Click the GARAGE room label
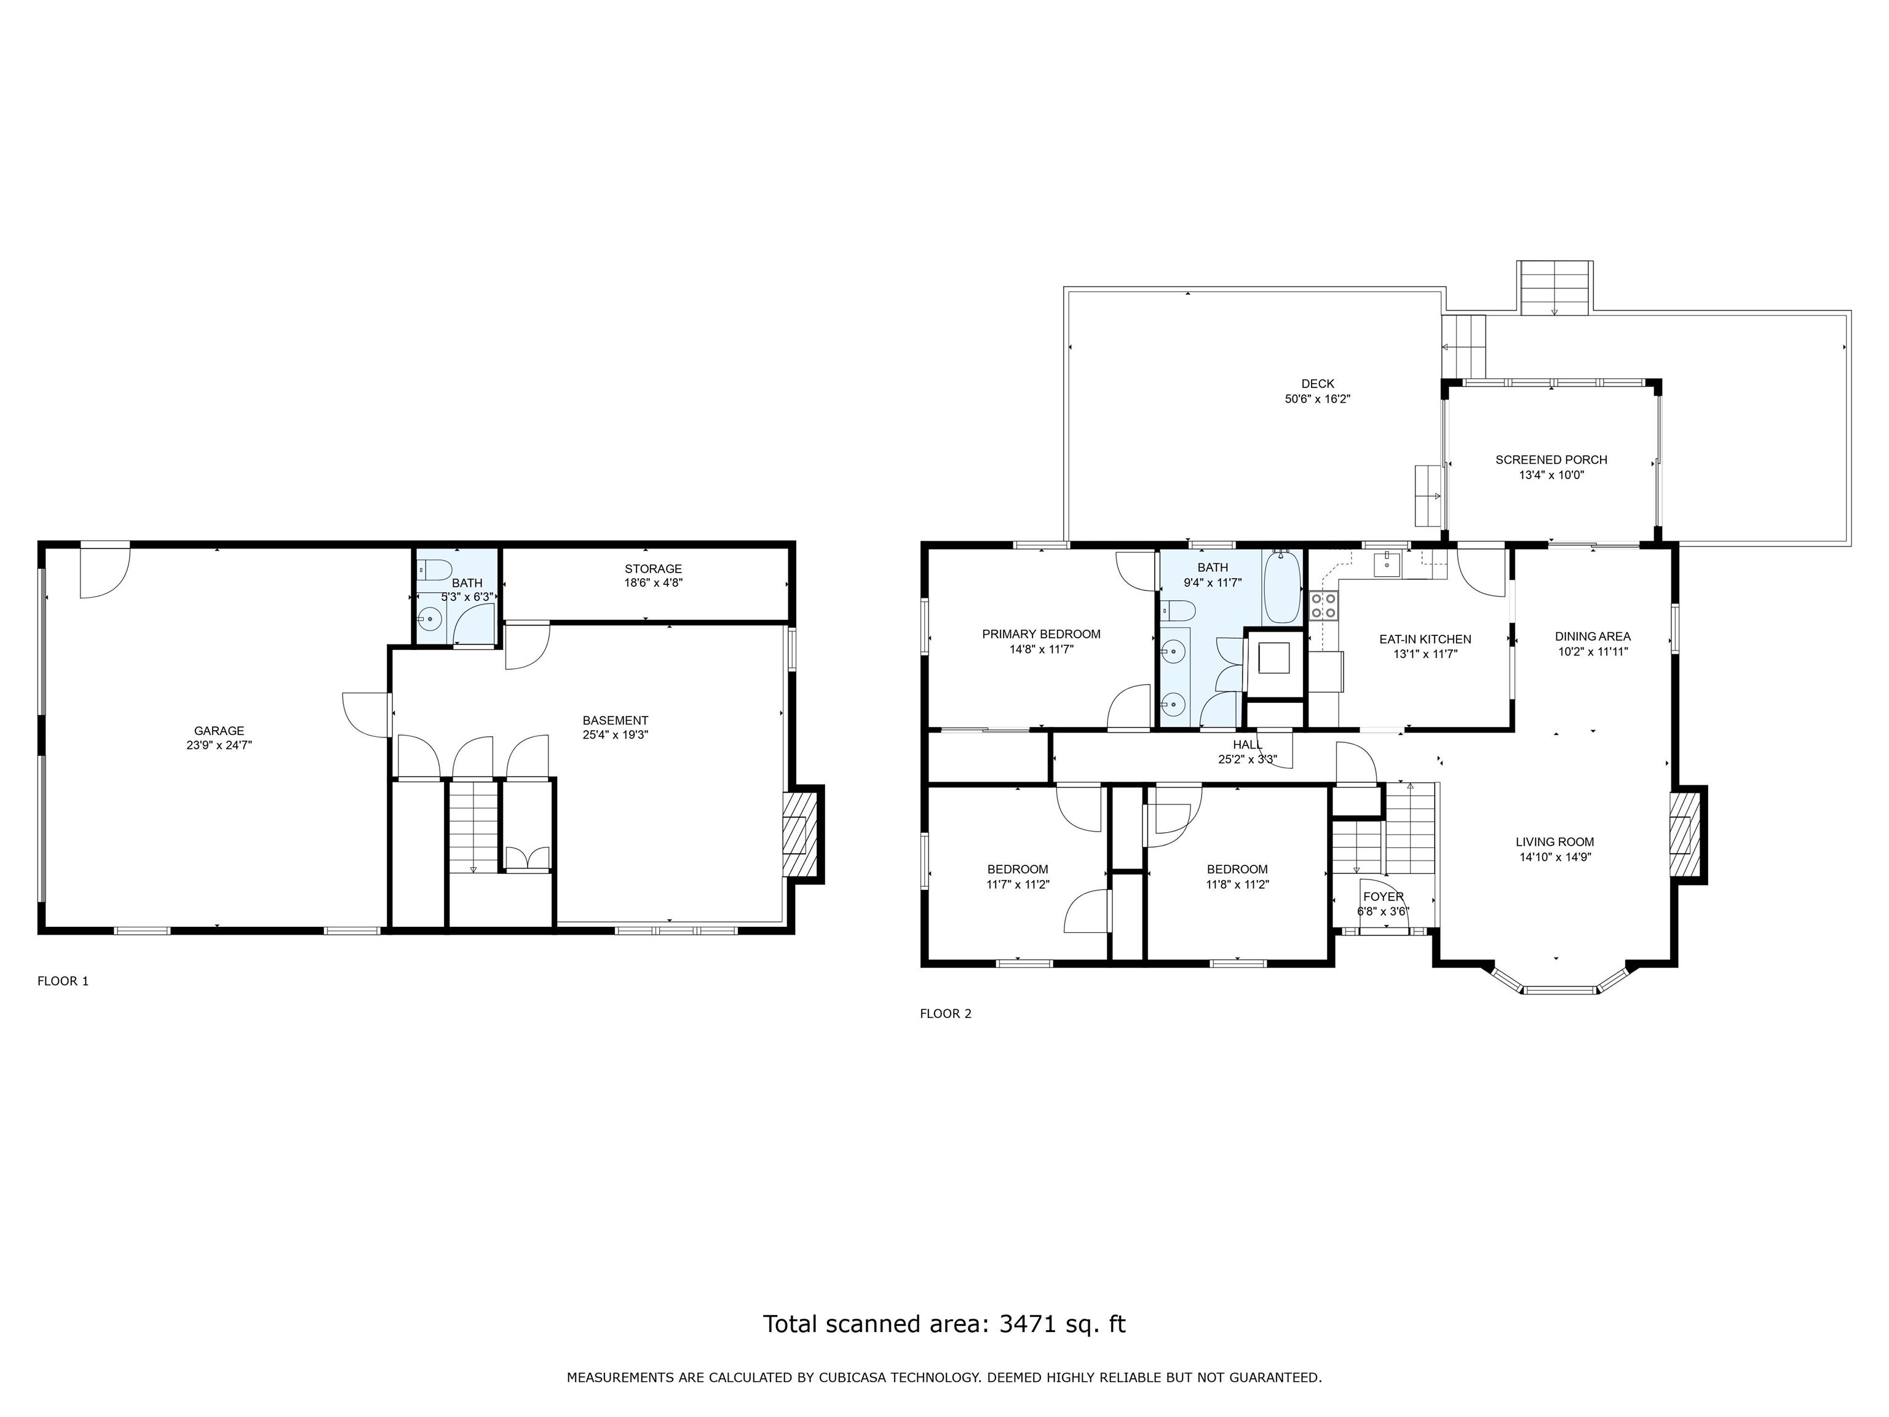point(219,730)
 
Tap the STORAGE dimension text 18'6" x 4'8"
point(653,582)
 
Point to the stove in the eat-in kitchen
point(1324,606)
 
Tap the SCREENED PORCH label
point(1551,459)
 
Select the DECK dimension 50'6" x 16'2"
point(1318,398)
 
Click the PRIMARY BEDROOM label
point(1041,633)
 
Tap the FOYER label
point(1382,897)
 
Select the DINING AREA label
point(1593,637)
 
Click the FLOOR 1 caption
point(63,980)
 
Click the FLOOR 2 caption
point(945,1013)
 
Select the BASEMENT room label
point(615,720)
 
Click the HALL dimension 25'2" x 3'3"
point(1247,758)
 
